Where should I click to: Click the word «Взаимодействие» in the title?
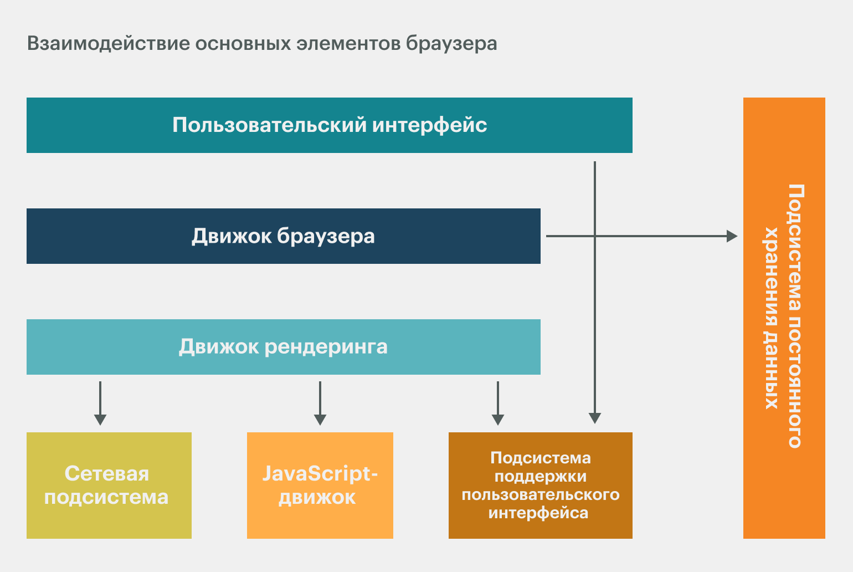click(108, 43)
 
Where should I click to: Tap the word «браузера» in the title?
click(451, 43)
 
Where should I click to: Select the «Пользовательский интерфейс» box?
click(330, 125)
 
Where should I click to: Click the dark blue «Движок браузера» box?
click(284, 236)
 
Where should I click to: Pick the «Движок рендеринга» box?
click(284, 347)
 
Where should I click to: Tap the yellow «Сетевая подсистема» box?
click(109, 485)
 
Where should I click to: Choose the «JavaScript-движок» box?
click(320, 485)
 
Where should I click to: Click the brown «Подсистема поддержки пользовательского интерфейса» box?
click(541, 485)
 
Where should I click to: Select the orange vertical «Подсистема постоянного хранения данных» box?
click(784, 318)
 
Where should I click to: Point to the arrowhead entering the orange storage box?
click(732, 236)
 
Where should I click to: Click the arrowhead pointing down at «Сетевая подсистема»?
click(100, 420)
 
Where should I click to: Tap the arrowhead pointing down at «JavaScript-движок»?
click(320, 420)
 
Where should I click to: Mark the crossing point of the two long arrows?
click(595, 236)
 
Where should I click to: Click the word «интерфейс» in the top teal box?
click(430, 125)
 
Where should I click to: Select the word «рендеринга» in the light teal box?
click(326, 347)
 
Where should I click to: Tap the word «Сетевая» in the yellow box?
click(106, 474)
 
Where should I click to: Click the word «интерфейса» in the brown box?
click(538, 513)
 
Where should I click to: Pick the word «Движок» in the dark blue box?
click(232, 236)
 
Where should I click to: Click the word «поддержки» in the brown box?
click(541, 476)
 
